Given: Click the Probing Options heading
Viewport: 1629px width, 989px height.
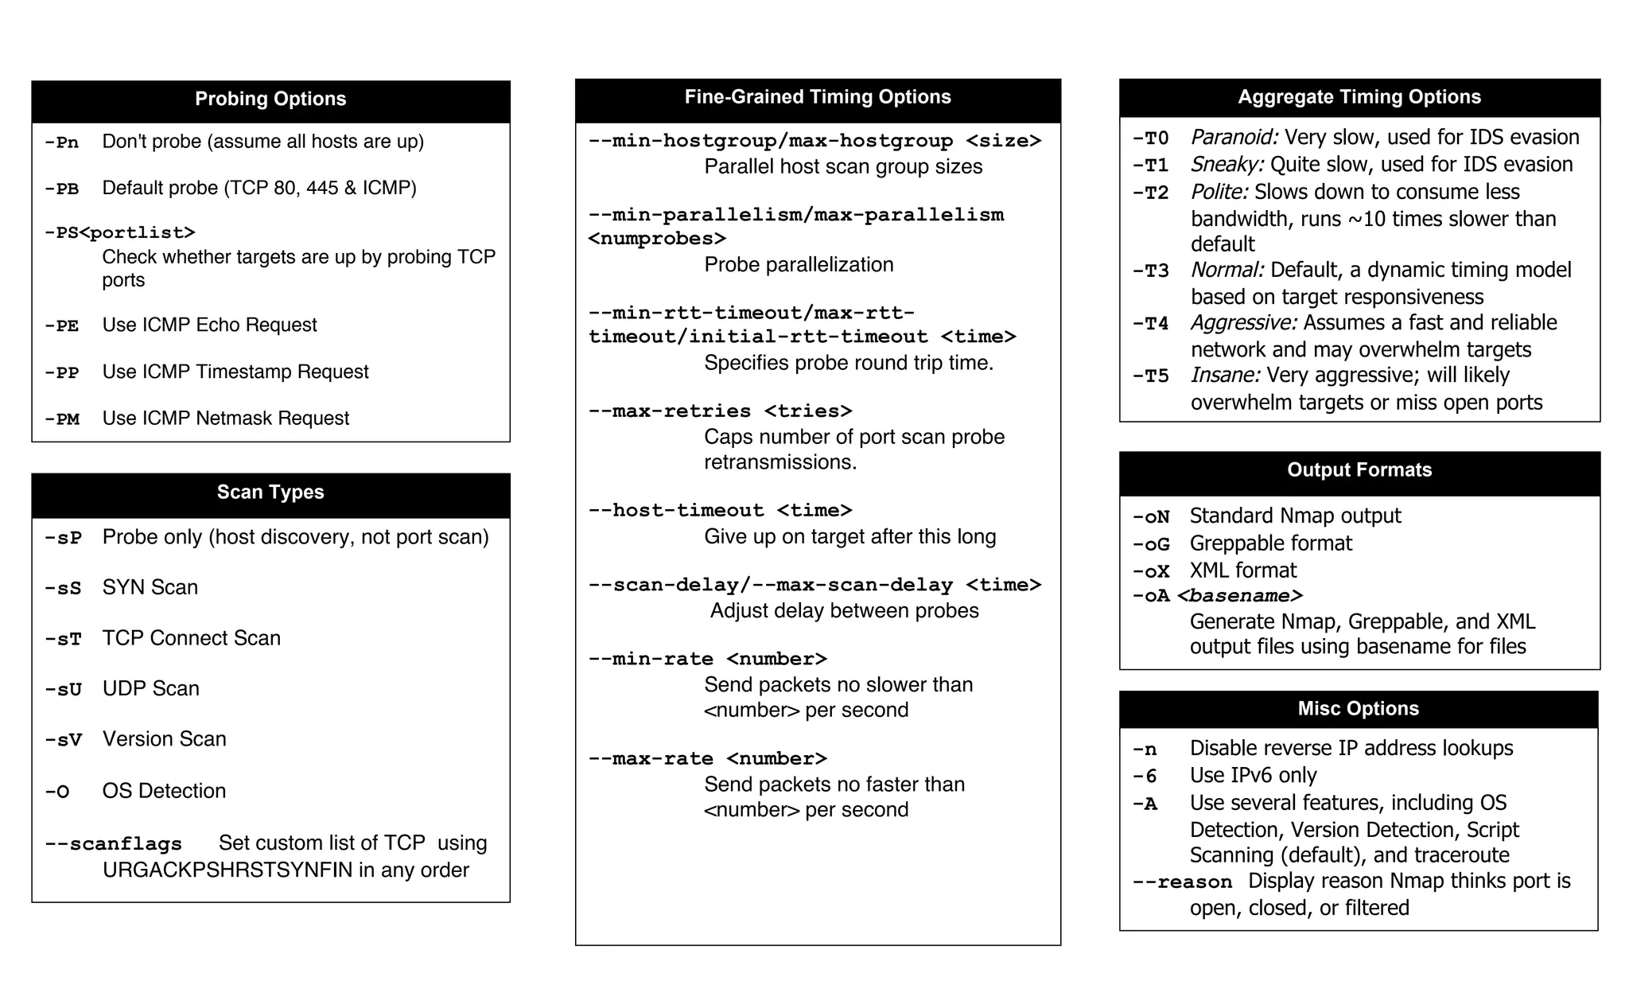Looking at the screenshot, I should click(270, 99).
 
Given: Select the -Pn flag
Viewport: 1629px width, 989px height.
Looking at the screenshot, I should click(61, 142).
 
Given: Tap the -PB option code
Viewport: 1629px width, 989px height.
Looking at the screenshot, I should click(61, 189).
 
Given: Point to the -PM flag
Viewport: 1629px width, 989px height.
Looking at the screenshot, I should click(62, 419).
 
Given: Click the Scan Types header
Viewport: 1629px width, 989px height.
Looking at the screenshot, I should click(270, 492).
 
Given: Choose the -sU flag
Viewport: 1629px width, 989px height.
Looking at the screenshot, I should click(63, 690).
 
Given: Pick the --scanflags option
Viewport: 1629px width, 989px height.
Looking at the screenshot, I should click(113, 844).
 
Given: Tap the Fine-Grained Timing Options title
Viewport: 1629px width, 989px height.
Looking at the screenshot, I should click(818, 97).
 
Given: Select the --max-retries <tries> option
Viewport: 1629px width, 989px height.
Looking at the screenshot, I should click(720, 411).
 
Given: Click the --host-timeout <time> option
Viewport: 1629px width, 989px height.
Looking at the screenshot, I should click(720, 510).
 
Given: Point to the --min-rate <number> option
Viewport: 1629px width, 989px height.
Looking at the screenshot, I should click(707, 659).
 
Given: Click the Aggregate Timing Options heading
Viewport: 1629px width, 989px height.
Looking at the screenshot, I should click(1359, 97).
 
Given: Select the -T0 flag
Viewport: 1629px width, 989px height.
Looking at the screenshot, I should click(1150, 138).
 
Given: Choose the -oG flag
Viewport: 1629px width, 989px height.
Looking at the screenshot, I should click(1151, 544).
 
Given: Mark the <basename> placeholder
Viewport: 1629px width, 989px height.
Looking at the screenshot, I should click(1239, 596).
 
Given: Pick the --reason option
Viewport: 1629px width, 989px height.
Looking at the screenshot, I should click(1182, 882).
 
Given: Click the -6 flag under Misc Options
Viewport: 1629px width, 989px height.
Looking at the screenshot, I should click(1145, 776).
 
